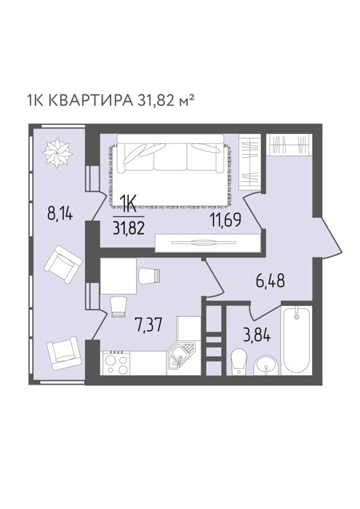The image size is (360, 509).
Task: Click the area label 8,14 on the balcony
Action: [x=61, y=215]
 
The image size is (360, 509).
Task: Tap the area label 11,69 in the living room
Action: [x=225, y=221]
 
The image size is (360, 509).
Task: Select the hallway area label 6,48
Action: [x=271, y=281]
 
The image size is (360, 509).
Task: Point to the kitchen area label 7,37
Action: [x=148, y=325]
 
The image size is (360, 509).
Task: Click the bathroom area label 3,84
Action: [x=257, y=336]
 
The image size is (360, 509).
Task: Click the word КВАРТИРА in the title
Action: [x=90, y=101]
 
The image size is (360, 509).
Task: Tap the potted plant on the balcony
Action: [x=57, y=152]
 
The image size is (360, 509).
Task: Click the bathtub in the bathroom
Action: [x=297, y=340]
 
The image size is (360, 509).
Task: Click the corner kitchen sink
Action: [x=180, y=357]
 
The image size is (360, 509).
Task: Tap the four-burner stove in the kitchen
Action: [x=116, y=363]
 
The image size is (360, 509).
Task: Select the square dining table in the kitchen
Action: [x=118, y=276]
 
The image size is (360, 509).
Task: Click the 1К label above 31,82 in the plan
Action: [x=127, y=204]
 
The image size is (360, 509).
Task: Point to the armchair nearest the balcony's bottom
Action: [x=63, y=353]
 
